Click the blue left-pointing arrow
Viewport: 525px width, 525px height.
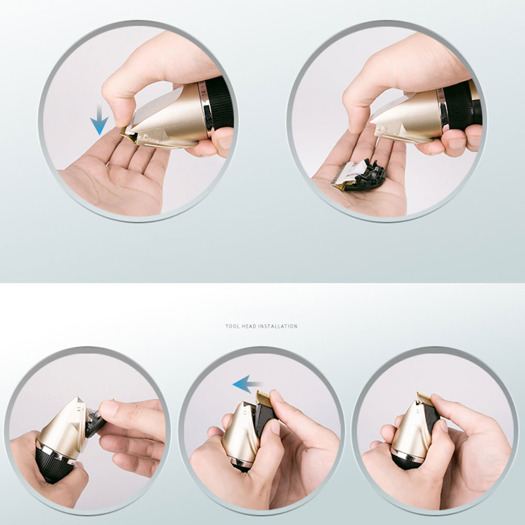click(x=247, y=384)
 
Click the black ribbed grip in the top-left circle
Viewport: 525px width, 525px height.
click(x=219, y=103)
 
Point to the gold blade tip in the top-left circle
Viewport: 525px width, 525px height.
click(x=128, y=136)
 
